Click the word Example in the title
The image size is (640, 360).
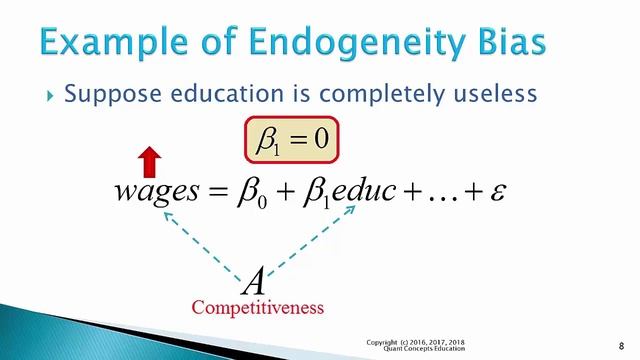(x=114, y=43)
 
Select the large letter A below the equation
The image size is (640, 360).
(x=256, y=281)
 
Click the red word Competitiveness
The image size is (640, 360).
(x=258, y=308)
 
